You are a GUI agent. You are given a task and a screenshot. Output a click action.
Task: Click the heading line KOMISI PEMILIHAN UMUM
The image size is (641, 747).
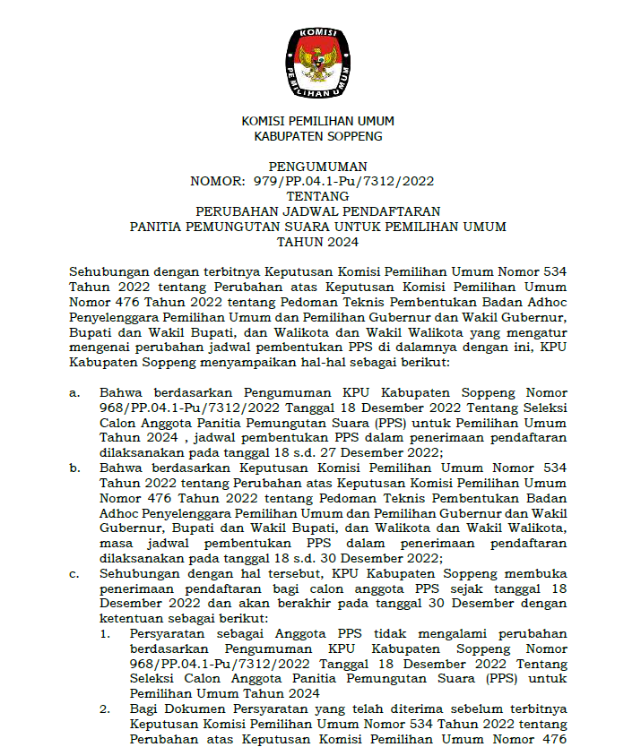[317, 121]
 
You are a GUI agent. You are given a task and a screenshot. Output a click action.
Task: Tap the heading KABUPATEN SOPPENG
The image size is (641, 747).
[317, 136]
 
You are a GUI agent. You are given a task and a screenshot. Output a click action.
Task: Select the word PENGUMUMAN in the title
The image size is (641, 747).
[317, 166]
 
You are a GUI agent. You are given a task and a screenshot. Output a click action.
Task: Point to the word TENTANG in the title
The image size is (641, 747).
[317, 196]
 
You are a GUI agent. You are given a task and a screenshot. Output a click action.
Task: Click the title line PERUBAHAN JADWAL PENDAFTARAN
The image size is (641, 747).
[317, 211]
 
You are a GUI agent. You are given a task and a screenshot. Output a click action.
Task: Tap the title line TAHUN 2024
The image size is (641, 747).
[317, 242]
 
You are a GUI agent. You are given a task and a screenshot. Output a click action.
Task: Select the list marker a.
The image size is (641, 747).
[75, 392]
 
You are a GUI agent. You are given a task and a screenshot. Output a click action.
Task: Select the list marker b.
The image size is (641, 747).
[75, 468]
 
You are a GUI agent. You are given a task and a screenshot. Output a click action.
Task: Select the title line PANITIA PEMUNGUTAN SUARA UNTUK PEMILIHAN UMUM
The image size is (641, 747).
[317, 227]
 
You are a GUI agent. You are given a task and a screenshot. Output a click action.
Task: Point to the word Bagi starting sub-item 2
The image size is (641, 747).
[145, 709]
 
